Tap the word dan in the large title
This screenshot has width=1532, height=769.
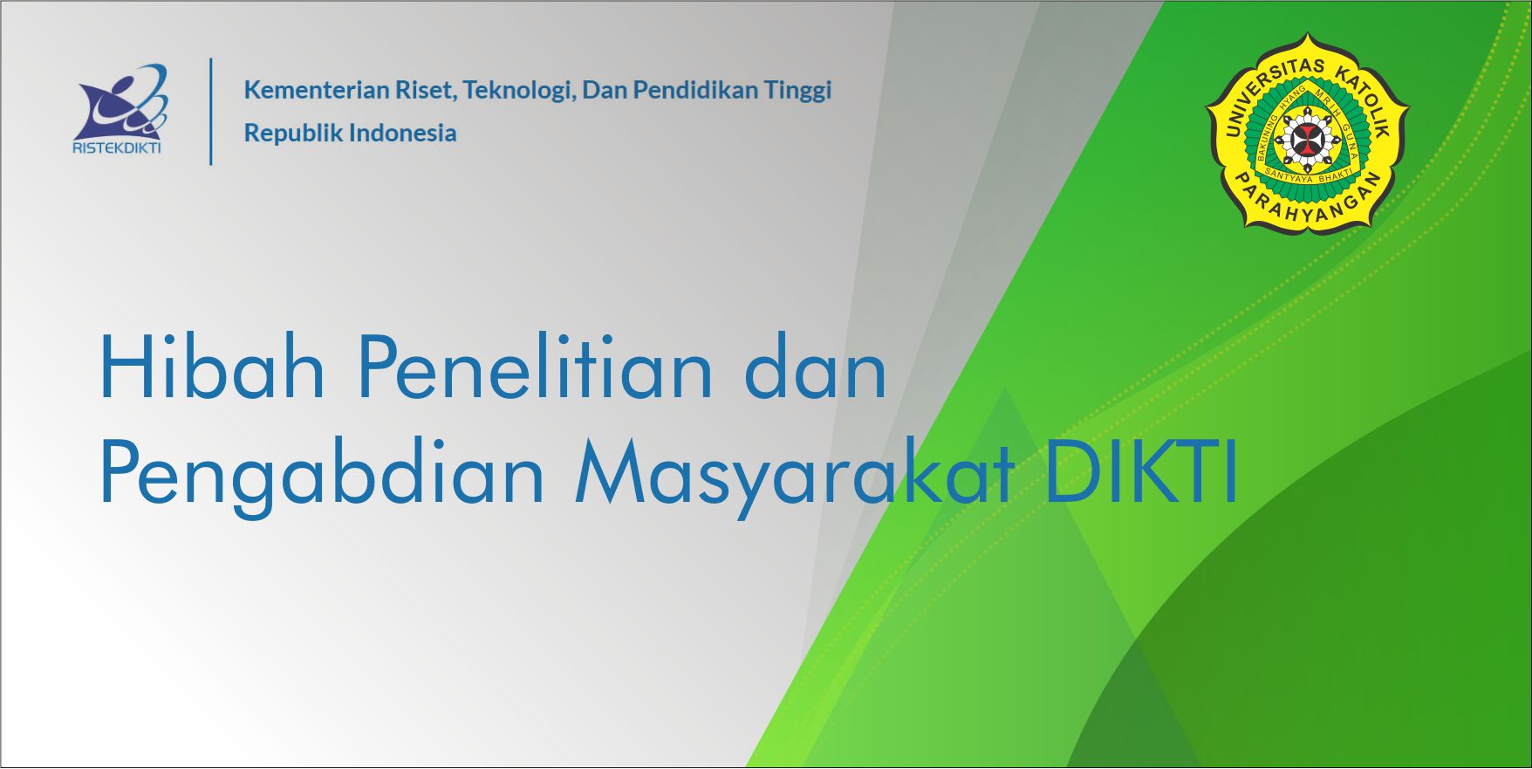[x=815, y=368]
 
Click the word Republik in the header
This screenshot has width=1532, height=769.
[x=292, y=133]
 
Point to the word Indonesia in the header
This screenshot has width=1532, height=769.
[x=402, y=133]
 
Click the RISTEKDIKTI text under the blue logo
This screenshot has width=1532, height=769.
[x=117, y=147]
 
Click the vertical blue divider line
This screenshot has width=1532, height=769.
[x=211, y=111]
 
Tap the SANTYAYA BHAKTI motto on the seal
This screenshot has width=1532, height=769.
[x=1307, y=175]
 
